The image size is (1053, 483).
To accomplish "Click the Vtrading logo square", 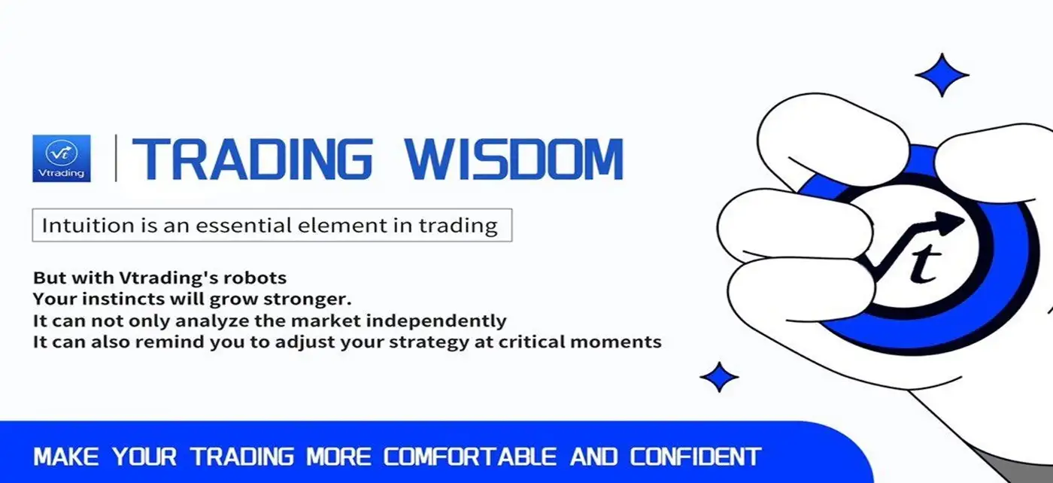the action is [62, 158].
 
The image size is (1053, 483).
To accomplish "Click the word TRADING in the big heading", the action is [253, 159].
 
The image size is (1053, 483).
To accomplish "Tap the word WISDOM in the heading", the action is [514, 159].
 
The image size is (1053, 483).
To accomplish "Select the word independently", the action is [436, 320].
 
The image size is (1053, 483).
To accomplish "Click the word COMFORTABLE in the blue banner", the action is [469, 457].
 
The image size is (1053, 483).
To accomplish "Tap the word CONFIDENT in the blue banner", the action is [695, 457].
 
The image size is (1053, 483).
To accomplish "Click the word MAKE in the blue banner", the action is [66, 457].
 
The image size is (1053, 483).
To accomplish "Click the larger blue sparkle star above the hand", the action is [942, 74].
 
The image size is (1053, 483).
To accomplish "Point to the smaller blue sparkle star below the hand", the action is [719, 377].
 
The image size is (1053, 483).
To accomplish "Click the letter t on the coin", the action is [924, 263].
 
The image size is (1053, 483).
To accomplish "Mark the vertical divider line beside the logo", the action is [116, 158].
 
